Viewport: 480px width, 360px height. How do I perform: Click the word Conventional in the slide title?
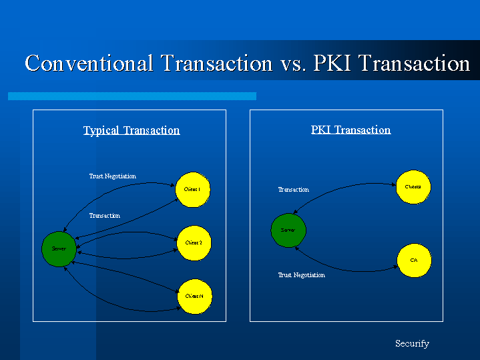point(89,63)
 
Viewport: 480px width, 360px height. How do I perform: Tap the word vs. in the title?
point(288,63)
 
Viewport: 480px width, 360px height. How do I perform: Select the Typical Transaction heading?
point(132,130)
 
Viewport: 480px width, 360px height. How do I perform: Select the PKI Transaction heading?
point(350,130)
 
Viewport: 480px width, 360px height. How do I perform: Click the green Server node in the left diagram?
point(59,248)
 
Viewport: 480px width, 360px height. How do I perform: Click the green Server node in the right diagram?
point(288,230)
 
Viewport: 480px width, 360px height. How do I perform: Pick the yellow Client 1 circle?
point(193,190)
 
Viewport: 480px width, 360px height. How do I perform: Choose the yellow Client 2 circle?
point(194,242)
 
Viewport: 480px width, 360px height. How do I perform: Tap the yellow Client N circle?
point(194,296)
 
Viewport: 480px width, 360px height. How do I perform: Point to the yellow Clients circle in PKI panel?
point(413,187)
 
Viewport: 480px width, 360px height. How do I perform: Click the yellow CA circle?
point(414,259)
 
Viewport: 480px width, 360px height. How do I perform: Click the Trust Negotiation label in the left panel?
point(112,176)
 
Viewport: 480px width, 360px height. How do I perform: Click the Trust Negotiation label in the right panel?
point(301,275)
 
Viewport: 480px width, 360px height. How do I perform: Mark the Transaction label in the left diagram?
point(105,216)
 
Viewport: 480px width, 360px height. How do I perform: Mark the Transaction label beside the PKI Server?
point(293,190)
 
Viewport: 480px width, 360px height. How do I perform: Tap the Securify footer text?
point(412,344)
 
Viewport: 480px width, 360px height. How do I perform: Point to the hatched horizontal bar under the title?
point(132,96)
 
